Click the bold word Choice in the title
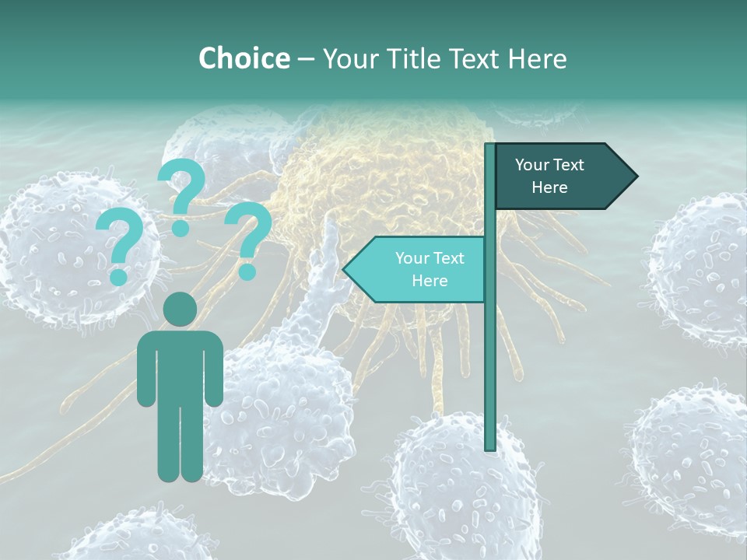tap(244, 58)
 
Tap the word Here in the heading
tap(537, 58)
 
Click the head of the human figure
tap(181, 310)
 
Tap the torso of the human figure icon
tap(181, 366)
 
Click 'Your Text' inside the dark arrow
tap(549, 165)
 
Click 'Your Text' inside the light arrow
tap(430, 258)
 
